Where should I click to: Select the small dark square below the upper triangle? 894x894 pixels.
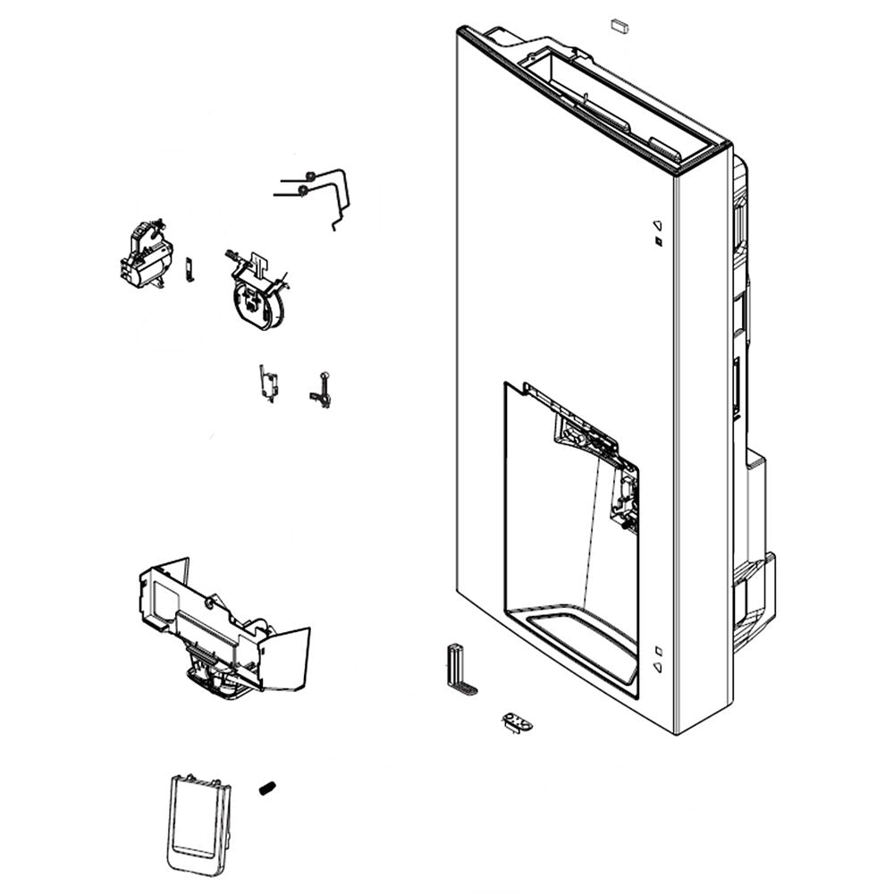657,242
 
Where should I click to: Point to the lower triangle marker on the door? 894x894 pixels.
657,666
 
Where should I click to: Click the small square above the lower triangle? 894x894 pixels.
657,650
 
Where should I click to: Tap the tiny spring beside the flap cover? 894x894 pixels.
266,788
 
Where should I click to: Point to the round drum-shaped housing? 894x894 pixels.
257,297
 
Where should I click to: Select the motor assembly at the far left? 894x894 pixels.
146,255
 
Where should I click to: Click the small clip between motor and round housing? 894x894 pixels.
189,268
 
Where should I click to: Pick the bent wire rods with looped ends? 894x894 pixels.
317,192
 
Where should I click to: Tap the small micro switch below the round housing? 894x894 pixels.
267,383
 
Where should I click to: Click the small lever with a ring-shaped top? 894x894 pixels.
321,390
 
